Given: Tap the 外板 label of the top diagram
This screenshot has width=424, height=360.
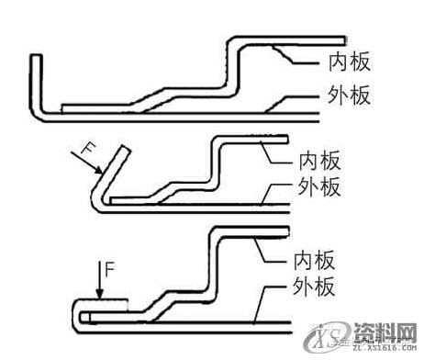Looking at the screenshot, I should tap(350, 95).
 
